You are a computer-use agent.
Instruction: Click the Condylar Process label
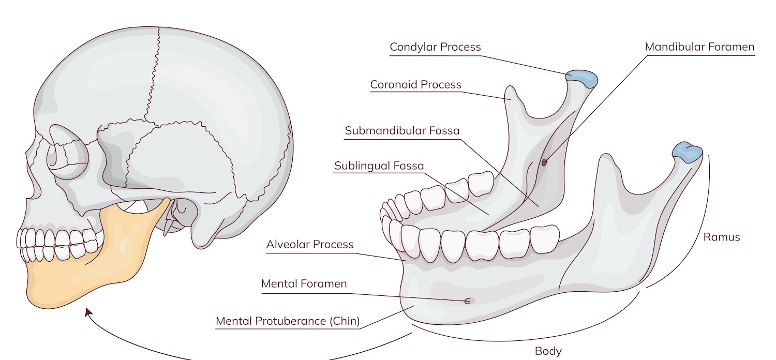click(x=435, y=47)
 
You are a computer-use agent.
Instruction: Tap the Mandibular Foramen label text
click(x=699, y=47)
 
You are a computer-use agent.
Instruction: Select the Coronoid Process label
click(x=416, y=85)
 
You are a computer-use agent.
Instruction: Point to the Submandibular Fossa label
click(x=402, y=131)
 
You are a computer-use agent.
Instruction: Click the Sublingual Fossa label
click(x=379, y=166)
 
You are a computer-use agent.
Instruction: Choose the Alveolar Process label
click(x=310, y=245)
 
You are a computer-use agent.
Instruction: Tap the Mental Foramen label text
click(x=304, y=284)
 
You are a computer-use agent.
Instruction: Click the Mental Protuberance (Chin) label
click(x=288, y=321)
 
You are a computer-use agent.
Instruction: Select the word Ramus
click(x=722, y=237)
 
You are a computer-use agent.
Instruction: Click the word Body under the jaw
click(x=548, y=351)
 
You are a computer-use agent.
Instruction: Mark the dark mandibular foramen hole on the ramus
click(x=544, y=162)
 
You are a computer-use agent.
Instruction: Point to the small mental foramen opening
click(x=467, y=301)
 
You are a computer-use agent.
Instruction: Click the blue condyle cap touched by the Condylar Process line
click(x=581, y=78)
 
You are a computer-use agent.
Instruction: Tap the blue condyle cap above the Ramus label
click(x=688, y=152)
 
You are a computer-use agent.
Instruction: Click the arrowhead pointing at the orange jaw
click(x=88, y=312)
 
